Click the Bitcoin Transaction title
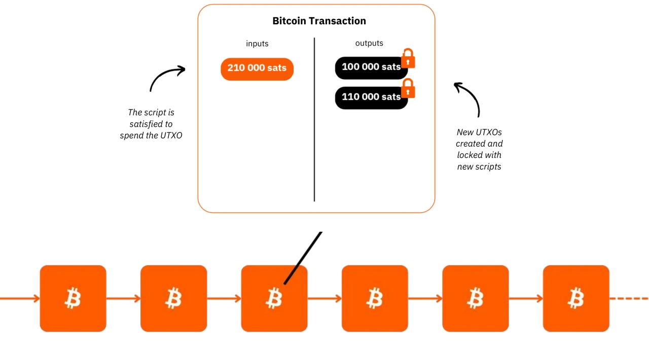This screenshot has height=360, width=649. (x=319, y=21)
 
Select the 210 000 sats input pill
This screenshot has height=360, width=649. (x=257, y=68)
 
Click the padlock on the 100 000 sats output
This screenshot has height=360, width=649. (x=408, y=59)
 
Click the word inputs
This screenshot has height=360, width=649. (x=257, y=44)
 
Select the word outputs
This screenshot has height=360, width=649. (x=369, y=43)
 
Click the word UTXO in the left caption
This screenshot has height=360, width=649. (x=171, y=135)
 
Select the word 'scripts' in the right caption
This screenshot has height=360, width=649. (x=487, y=167)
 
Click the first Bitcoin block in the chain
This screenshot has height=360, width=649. (x=73, y=298)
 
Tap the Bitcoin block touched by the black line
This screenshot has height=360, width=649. (x=274, y=298)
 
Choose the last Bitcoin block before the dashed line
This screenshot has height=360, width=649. (x=576, y=298)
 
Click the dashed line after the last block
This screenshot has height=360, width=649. (x=630, y=298)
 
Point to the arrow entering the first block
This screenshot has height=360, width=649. (x=20, y=298)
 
